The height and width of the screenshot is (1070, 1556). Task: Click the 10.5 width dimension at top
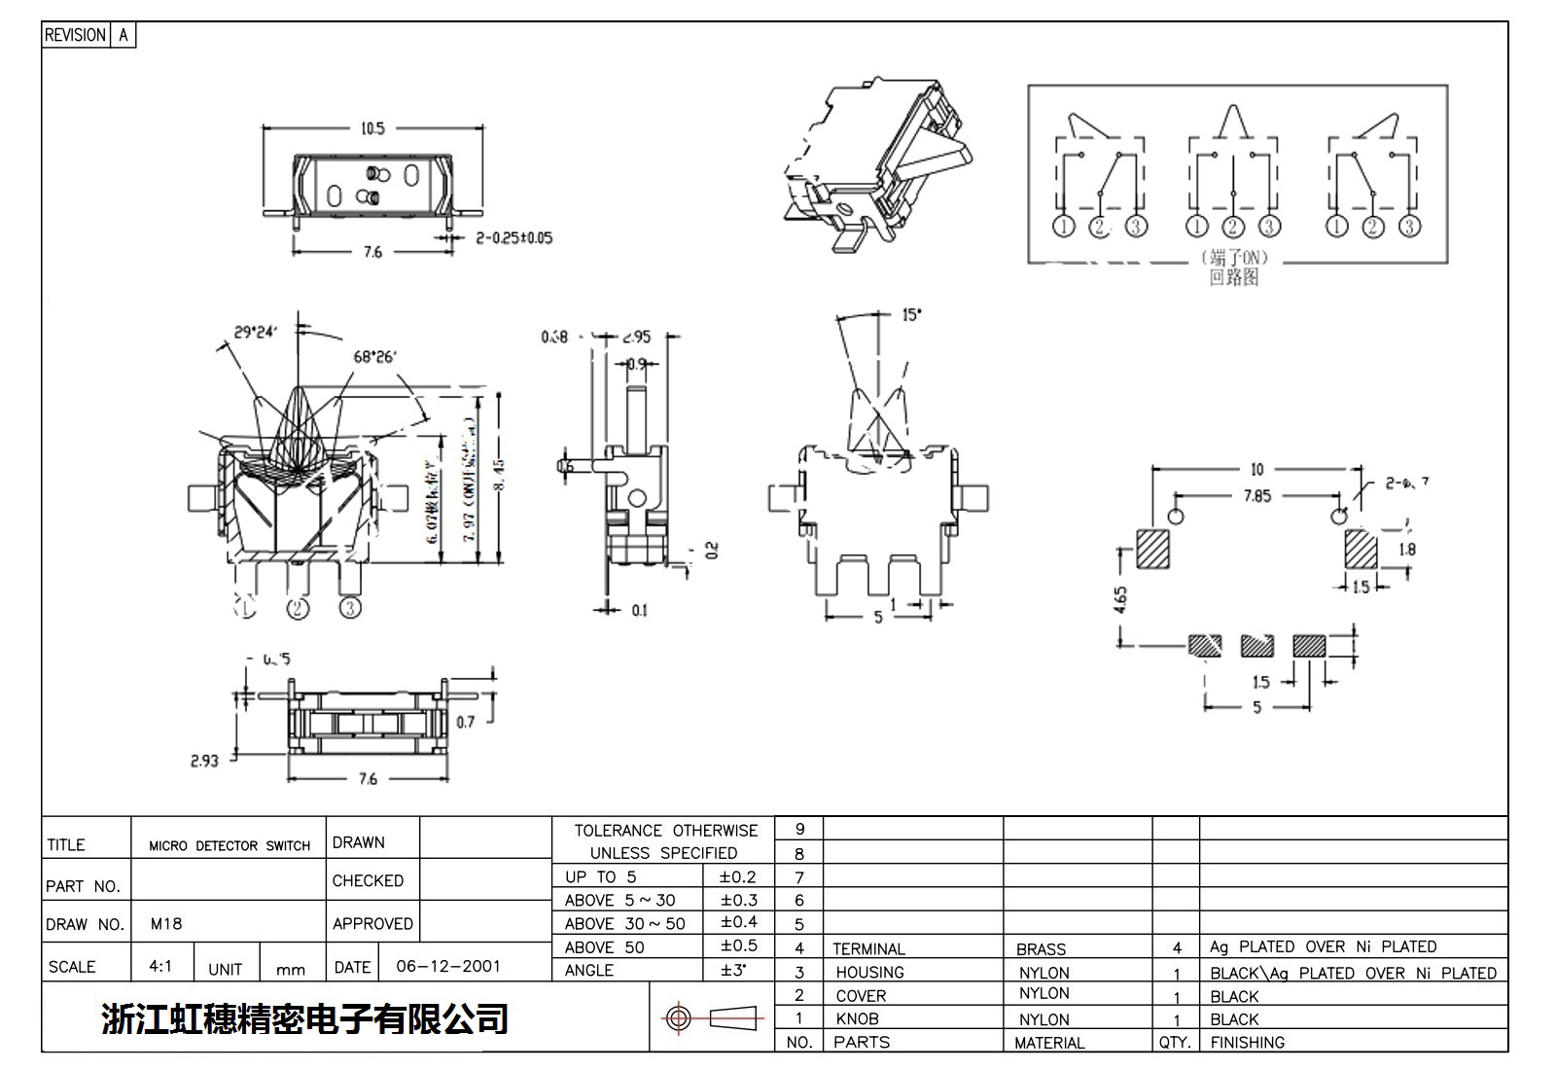372,128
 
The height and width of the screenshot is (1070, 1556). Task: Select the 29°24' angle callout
255,332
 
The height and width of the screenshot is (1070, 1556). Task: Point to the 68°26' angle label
374,356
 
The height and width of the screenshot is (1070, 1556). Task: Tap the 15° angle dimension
911,315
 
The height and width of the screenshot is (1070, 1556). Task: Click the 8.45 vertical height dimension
499,477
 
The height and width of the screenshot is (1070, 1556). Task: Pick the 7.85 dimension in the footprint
1256,496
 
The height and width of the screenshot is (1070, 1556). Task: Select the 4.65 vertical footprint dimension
1121,599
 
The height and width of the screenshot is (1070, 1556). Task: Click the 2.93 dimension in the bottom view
204,761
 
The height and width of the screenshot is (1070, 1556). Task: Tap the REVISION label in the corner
75,35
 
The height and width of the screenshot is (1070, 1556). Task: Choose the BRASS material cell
1041,948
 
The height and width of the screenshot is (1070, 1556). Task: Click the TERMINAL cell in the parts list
868,948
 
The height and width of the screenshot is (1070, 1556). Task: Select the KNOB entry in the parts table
857,1018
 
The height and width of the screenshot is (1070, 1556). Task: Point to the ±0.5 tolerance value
738,945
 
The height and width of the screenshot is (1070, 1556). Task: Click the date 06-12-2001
448,966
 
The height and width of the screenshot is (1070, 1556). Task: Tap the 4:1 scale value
160,966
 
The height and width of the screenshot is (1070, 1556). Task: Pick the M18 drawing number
166,923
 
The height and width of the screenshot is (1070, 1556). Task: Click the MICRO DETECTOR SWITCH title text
230,845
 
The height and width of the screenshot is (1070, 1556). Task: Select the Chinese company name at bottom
304,1018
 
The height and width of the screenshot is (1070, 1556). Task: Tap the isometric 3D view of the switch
878,165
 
